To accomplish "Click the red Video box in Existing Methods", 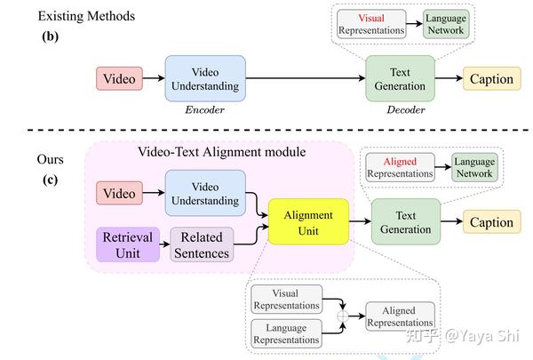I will coord(120,79).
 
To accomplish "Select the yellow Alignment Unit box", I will coord(307,223).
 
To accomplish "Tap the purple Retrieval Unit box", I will coord(128,245).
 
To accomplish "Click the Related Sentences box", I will coord(202,245).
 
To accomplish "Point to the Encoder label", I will coord(204,112).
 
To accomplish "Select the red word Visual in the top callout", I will coord(370,19).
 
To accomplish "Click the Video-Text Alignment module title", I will coord(221,152).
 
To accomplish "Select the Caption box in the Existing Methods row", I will coord(491,79).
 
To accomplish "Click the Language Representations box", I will coord(285,333).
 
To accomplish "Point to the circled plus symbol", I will coord(341,316).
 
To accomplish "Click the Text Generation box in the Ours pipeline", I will coord(405,222).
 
